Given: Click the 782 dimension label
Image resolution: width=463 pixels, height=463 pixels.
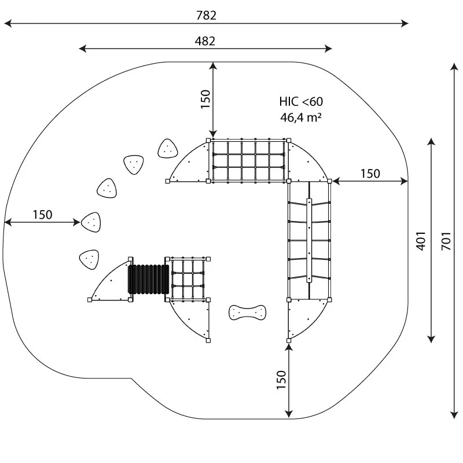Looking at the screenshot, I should (206, 15).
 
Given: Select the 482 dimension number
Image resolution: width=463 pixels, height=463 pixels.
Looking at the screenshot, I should (205, 41).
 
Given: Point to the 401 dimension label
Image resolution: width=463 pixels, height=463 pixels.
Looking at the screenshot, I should (421, 240).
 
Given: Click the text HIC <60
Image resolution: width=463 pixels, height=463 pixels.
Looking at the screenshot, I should (301, 101).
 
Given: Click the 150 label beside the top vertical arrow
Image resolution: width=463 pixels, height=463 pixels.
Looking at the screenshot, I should (205, 99).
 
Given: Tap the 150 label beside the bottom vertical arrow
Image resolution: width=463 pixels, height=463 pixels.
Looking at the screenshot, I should (281, 380).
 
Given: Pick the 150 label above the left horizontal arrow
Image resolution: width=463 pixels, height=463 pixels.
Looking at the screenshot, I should (42, 214).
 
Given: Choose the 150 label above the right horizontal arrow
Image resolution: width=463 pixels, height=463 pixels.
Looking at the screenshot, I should (370, 173).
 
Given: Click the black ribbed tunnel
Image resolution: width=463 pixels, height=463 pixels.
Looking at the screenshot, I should (149, 280).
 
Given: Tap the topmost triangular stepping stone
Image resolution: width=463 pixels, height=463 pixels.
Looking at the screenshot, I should (167, 149).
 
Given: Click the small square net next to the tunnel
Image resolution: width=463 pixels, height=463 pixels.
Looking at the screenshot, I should (186, 279).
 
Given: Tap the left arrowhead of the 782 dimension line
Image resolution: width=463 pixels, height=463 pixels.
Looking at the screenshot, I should (7, 23).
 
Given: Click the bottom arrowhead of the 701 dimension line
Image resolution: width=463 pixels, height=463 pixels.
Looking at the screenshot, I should (453, 413).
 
